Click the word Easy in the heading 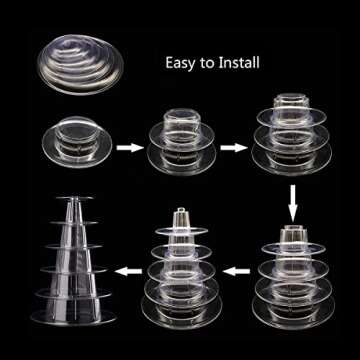pos(182,63)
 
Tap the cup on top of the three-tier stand pos(289,104)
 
